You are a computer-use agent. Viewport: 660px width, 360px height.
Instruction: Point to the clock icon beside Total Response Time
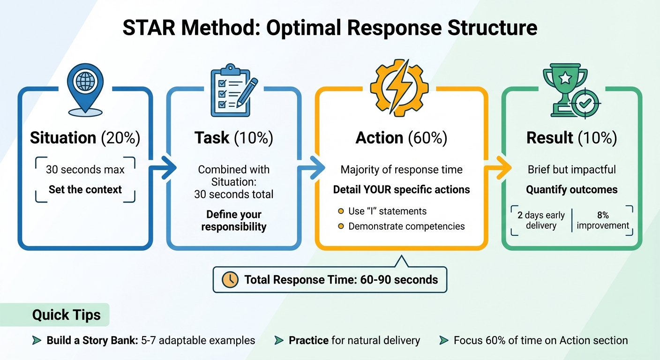230,280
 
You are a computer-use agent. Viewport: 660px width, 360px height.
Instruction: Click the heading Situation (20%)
86,138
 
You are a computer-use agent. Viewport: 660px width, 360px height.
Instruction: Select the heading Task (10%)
233,138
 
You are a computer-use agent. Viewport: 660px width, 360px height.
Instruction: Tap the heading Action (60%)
401,138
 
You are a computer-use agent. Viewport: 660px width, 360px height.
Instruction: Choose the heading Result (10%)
571,138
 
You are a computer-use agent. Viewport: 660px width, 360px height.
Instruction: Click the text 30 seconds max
85,169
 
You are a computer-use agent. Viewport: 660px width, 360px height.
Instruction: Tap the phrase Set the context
85,190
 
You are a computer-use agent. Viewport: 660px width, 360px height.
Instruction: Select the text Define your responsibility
233,221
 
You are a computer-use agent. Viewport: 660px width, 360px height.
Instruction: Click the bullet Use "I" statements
387,211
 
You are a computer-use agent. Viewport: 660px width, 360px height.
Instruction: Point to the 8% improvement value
602,220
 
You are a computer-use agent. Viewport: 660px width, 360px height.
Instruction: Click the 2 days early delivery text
541,220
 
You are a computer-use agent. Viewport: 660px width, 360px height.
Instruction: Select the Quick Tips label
66,315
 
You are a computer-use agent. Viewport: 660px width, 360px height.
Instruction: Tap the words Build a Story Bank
92,340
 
